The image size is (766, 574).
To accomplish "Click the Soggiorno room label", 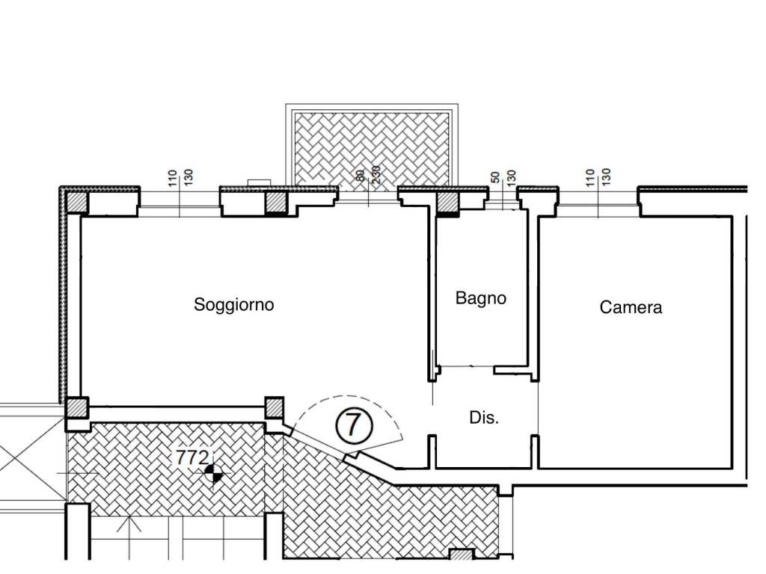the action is (x=233, y=305).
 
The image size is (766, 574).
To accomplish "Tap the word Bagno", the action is (x=481, y=297).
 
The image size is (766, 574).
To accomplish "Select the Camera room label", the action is (x=631, y=307).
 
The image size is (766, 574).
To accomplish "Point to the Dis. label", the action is (x=484, y=418).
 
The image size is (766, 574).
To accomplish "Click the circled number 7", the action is (x=354, y=425).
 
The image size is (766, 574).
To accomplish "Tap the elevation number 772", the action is (x=192, y=458).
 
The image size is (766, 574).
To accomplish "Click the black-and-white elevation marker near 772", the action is (x=213, y=473).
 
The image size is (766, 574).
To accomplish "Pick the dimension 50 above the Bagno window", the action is (x=495, y=177).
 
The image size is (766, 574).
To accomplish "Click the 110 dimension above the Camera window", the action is (x=589, y=178).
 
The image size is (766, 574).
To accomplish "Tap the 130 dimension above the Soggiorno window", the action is (x=189, y=177).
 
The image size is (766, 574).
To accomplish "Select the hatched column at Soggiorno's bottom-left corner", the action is (x=77, y=408).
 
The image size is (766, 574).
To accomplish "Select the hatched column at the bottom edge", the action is (x=462, y=555).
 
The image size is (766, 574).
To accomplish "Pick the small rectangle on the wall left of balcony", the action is (x=259, y=182).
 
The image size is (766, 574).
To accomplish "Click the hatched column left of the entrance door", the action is (x=274, y=407).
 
